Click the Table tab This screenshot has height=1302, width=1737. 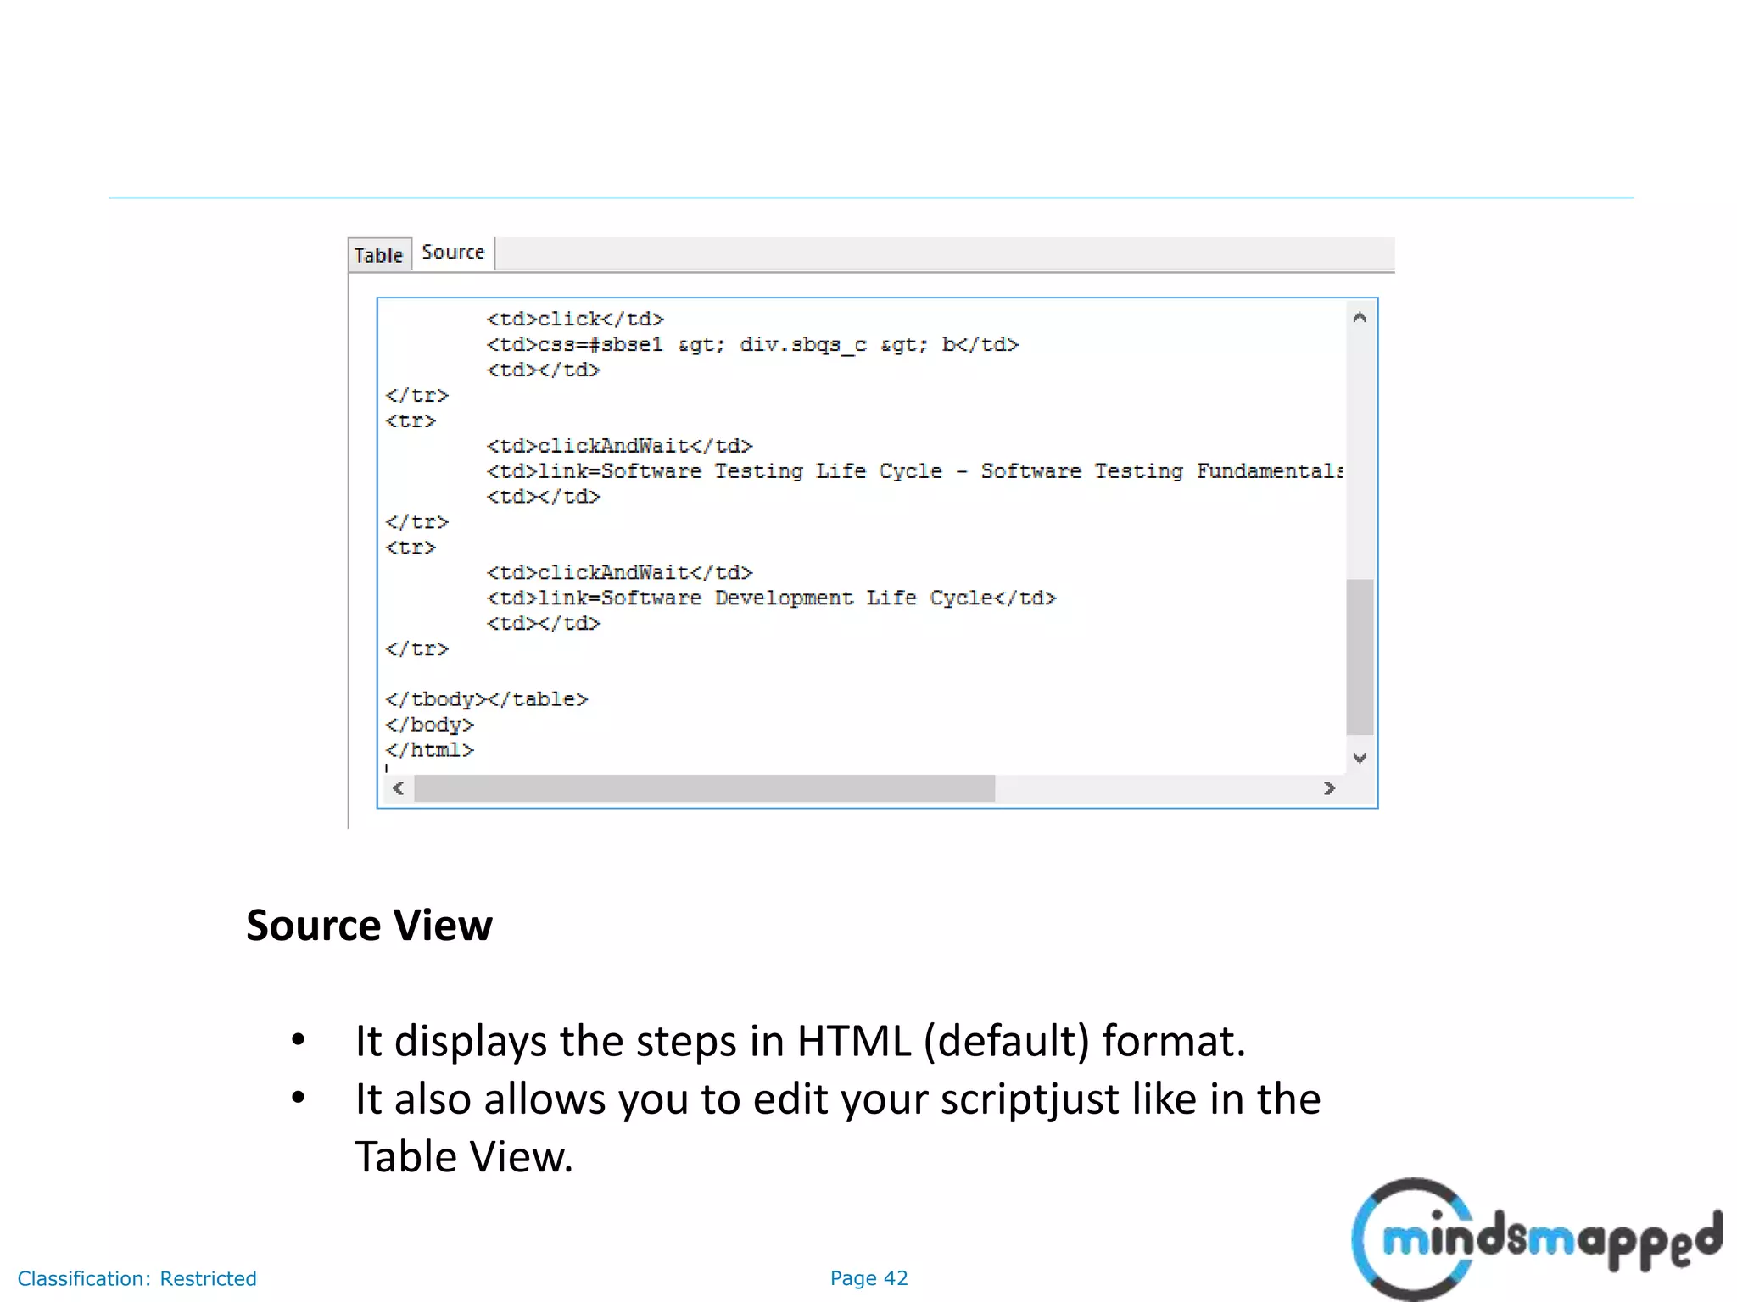[378, 255]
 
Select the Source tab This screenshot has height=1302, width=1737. [453, 253]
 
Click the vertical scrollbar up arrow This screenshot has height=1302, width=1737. [1360, 318]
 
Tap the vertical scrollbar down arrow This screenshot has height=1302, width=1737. [1360, 758]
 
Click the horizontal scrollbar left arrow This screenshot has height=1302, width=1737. [398, 789]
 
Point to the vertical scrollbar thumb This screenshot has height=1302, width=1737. [1360, 657]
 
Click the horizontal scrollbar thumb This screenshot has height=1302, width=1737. [704, 789]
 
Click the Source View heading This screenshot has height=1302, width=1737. [369, 925]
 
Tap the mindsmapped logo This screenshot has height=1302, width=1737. [1535, 1238]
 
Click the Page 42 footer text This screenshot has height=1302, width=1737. [868, 1278]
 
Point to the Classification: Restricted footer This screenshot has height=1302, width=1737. [137, 1278]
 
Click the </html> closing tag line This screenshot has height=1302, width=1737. [429, 750]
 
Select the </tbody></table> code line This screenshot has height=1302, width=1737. [486, 699]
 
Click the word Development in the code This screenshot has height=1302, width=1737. [784, 598]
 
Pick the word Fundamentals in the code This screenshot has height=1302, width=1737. [1269, 471]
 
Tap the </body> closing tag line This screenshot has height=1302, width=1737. [429, 725]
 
